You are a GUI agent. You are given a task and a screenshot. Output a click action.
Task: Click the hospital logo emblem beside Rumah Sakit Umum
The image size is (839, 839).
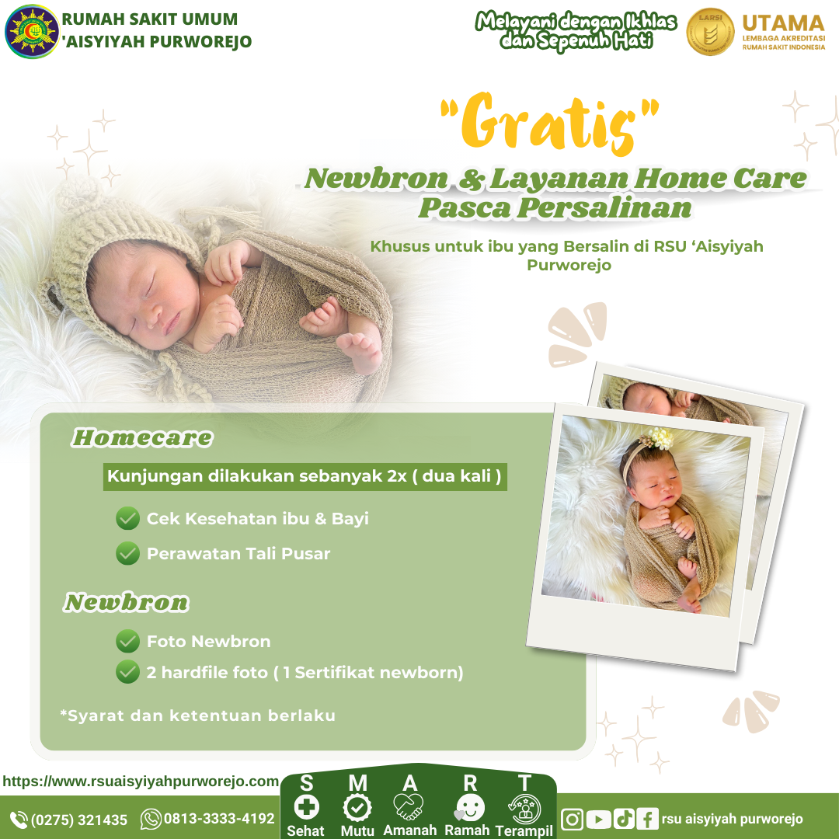point(32,31)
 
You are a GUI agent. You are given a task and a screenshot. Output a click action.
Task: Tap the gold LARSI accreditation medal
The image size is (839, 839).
point(710,32)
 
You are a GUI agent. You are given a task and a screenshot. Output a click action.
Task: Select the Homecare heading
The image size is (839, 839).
point(142,437)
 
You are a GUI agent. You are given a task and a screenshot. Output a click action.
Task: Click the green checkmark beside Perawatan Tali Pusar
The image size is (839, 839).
point(128,553)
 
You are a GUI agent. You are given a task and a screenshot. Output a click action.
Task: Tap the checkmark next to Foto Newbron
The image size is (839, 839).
point(128,641)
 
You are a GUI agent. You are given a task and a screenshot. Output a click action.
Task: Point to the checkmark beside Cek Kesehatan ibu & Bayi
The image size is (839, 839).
point(128,518)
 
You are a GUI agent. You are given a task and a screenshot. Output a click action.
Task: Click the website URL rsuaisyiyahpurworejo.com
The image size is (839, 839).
point(141,782)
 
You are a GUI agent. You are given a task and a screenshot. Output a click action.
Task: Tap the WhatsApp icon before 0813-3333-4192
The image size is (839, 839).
point(151,820)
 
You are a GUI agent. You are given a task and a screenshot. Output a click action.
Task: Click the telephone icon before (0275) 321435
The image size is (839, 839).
point(19,820)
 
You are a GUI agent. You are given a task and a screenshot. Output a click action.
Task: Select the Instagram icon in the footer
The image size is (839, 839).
point(572,820)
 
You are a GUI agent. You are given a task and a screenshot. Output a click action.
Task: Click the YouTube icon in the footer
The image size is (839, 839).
point(598,820)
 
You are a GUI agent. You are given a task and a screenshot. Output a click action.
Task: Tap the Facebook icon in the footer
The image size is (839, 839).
point(647,820)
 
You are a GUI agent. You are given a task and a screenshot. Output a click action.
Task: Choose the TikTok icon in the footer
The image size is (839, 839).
point(623,820)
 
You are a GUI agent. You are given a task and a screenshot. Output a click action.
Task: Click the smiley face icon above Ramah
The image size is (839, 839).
point(470,808)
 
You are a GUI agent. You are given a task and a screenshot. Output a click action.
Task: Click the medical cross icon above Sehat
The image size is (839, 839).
point(307,807)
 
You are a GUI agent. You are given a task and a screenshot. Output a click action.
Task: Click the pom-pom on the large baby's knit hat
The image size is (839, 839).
point(79,195)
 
